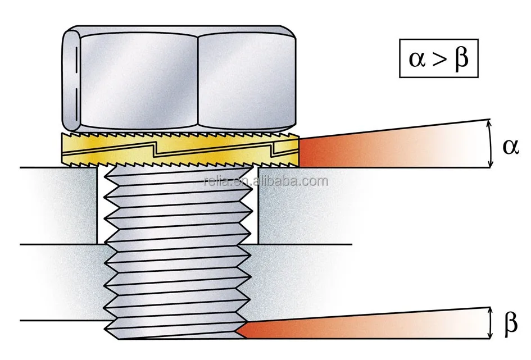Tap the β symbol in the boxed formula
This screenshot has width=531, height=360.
pos(461,58)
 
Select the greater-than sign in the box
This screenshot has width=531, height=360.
pos(439,59)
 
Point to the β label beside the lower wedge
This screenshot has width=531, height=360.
pos(511,323)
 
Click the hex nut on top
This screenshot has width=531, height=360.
pos(180,79)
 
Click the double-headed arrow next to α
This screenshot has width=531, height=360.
pos(491,143)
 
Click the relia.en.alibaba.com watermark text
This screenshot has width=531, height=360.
pos(265,181)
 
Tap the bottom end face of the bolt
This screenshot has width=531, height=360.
pos(174,339)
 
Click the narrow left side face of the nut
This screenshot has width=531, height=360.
pos(71,79)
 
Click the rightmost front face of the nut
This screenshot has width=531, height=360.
pos(246,79)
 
